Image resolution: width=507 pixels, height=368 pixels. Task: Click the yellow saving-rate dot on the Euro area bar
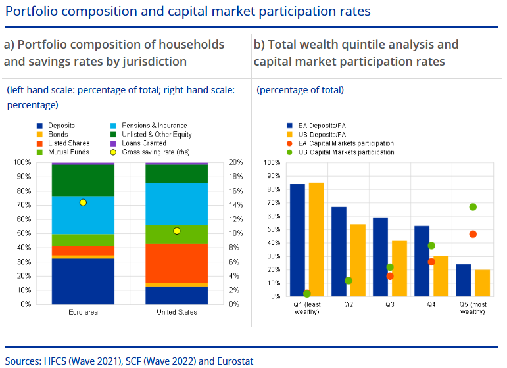tap(83, 202)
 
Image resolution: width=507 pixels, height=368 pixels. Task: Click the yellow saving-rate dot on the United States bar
tap(176, 231)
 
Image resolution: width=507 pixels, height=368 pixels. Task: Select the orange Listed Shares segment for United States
tap(176, 263)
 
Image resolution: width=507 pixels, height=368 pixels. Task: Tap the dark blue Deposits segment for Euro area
tap(83, 281)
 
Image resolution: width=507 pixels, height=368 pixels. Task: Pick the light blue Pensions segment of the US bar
tap(176, 204)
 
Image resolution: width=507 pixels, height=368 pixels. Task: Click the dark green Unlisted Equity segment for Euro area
tap(83, 181)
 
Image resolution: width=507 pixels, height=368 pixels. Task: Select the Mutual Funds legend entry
tap(63, 152)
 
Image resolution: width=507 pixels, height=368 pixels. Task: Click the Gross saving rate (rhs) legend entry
tap(150, 152)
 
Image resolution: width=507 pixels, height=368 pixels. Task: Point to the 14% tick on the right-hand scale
tap(235, 205)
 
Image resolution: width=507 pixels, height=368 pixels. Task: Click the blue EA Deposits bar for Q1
tap(297, 240)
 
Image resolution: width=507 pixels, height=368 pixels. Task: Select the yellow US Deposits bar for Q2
tap(358, 260)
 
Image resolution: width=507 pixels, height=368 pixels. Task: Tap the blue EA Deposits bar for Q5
tap(464, 280)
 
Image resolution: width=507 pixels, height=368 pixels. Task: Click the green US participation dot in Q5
tap(473, 207)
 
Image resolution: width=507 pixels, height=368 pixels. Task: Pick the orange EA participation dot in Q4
tap(431, 262)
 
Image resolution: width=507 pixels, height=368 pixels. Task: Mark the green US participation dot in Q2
tap(349, 281)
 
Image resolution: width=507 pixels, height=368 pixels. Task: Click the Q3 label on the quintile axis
tap(390, 304)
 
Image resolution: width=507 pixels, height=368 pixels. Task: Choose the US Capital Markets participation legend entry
tap(341, 152)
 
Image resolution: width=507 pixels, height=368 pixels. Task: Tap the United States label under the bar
tap(176, 312)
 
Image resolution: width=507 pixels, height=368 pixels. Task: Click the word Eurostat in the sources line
tap(235, 361)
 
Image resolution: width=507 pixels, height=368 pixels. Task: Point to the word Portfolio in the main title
tap(32, 11)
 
